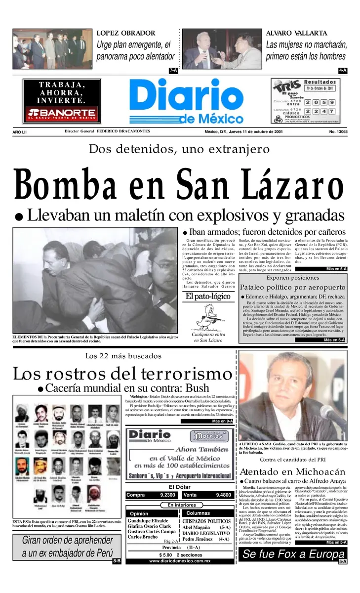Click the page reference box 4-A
(x=342, y=71)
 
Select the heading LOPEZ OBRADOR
(x=125, y=33)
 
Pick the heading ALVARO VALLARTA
(x=296, y=33)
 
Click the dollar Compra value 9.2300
(x=168, y=495)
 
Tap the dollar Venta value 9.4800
(x=223, y=495)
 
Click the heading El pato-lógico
(x=208, y=296)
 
